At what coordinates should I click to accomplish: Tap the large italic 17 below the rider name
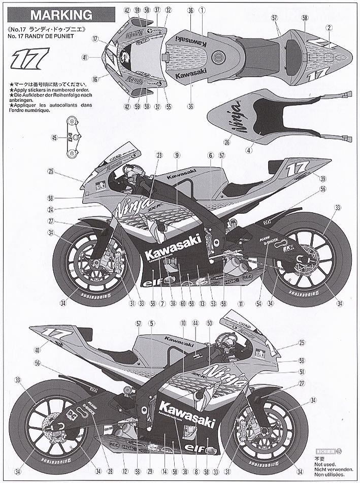(x=31, y=57)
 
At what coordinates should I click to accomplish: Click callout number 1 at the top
(x=202, y=10)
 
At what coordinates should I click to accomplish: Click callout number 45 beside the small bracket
(x=54, y=137)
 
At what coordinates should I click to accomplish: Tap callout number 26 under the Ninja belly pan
(x=227, y=142)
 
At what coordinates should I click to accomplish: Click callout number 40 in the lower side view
(x=37, y=349)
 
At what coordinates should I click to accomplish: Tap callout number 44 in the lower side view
(x=195, y=323)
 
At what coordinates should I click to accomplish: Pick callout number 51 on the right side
(x=303, y=372)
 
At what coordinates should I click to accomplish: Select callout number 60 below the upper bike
(x=183, y=303)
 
